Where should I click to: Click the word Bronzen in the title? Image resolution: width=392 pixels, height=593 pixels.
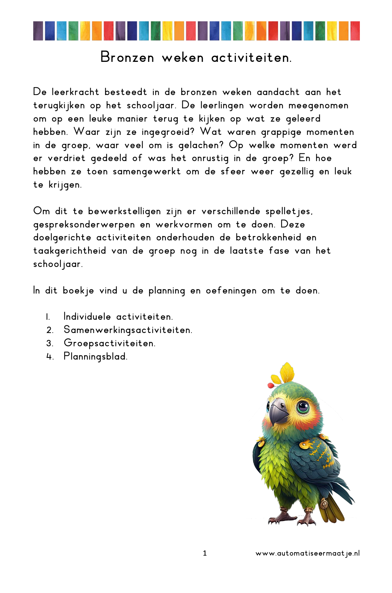(x=127, y=57)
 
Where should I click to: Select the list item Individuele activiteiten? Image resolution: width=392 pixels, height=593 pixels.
(x=118, y=317)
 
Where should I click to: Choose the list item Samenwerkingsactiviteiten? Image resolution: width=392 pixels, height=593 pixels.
(x=128, y=330)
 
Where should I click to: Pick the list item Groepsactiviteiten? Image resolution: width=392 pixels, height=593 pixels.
(x=109, y=343)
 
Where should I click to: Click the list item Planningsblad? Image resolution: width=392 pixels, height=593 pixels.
(x=95, y=357)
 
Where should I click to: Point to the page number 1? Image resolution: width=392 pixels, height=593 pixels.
(x=205, y=553)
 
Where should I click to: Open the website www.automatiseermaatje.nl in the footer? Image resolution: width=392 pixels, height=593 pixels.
(x=307, y=554)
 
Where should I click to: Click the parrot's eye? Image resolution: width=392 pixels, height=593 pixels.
(x=303, y=406)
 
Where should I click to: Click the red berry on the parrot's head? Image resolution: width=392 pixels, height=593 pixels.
(x=270, y=385)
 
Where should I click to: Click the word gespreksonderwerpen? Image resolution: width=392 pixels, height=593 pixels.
(x=84, y=225)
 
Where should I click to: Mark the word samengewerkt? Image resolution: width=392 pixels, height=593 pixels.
(x=147, y=172)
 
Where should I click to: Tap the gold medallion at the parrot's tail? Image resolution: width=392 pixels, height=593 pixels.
(x=324, y=504)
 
